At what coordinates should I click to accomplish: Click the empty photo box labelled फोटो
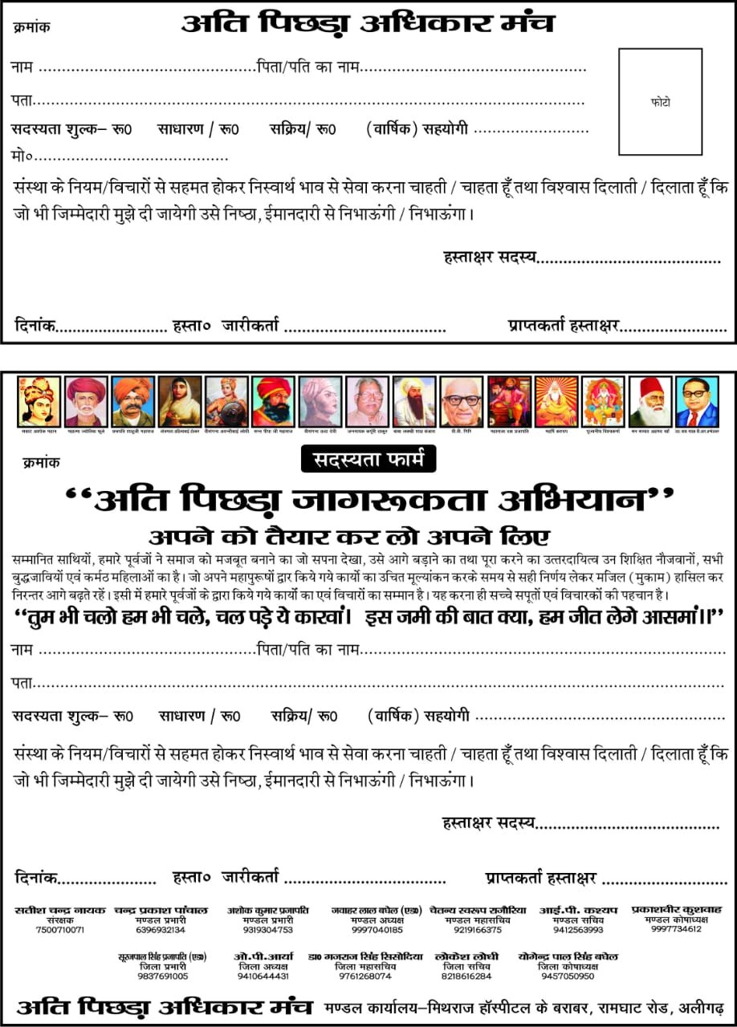660,102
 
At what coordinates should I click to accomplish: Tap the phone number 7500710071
60,930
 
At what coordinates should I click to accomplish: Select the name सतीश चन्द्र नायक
60,911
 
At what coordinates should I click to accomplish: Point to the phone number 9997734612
676,929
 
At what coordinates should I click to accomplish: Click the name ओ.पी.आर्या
263,957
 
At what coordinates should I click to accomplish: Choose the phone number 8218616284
466,976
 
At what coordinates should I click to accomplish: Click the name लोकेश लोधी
466,957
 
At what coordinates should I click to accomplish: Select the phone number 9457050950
568,976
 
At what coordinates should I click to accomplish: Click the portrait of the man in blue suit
697,402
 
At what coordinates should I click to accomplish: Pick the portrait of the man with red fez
649,402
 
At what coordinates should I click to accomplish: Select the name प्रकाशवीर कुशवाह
676,910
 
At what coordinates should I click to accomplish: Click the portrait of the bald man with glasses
462,402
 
